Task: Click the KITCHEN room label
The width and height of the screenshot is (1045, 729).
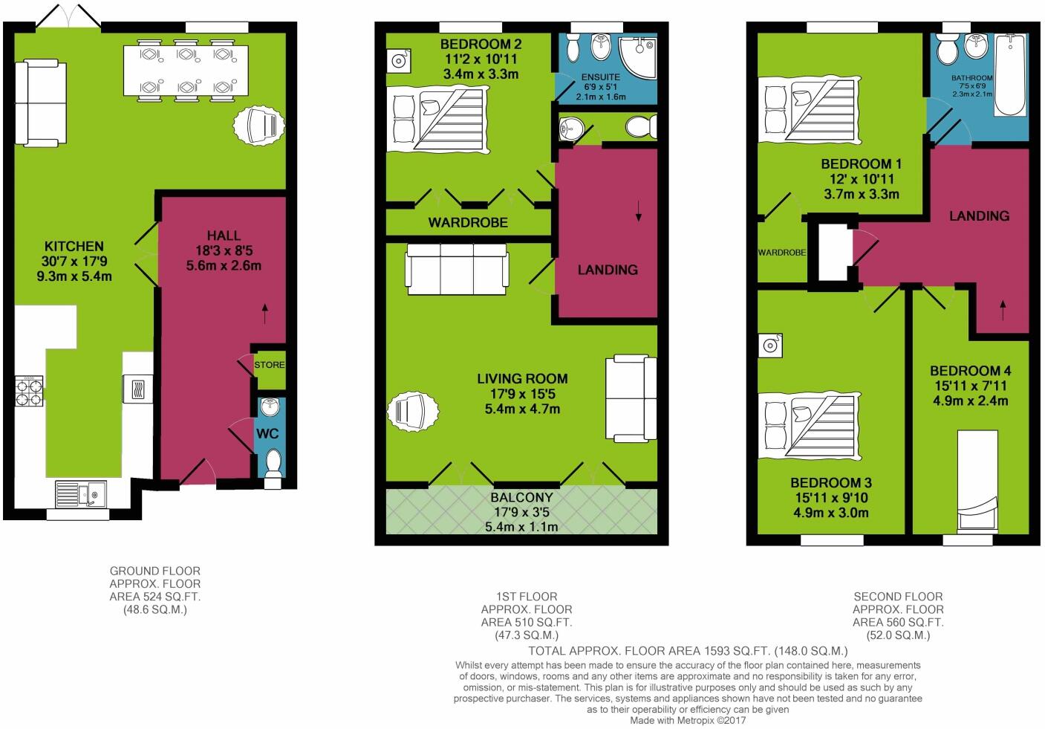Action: coord(74,246)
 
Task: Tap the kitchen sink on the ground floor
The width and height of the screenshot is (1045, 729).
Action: coord(82,493)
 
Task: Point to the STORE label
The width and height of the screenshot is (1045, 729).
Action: coord(270,365)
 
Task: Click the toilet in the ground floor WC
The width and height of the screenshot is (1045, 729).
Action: coord(273,464)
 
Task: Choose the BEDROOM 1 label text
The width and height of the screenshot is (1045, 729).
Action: coord(861,163)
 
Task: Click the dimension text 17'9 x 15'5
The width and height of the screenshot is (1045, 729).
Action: coord(521,394)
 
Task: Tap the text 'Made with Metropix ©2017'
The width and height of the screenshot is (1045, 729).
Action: coord(688,720)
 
